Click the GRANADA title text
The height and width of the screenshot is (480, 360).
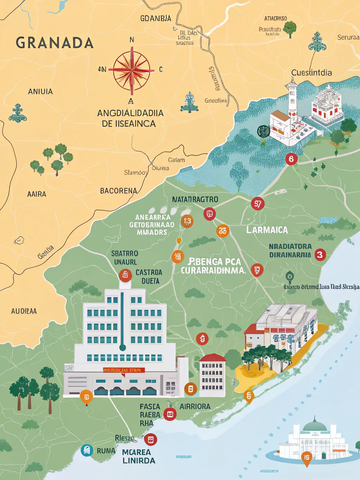click(x=54, y=43)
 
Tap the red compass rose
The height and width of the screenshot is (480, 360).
click(x=132, y=70)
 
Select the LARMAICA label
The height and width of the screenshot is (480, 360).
click(x=267, y=230)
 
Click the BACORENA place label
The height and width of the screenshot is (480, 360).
click(x=118, y=191)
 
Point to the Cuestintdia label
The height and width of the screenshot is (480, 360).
click(x=311, y=73)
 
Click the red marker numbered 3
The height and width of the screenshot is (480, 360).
click(x=320, y=255)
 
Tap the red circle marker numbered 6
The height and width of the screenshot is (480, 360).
click(x=291, y=159)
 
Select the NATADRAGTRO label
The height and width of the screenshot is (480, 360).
click(x=195, y=200)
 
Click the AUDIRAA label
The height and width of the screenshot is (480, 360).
click(x=24, y=311)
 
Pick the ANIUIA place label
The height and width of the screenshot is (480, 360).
click(x=40, y=92)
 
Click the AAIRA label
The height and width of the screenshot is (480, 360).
click(x=37, y=194)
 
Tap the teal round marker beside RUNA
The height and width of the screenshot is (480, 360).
click(x=86, y=450)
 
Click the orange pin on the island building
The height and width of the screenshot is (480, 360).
click(x=307, y=458)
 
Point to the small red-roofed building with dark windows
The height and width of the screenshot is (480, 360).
click(x=212, y=375)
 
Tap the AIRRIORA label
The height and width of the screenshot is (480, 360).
click(x=195, y=407)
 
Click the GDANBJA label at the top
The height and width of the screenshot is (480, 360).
click(x=156, y=18)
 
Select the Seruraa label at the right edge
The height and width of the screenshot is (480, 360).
click(x=348, y=37)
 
